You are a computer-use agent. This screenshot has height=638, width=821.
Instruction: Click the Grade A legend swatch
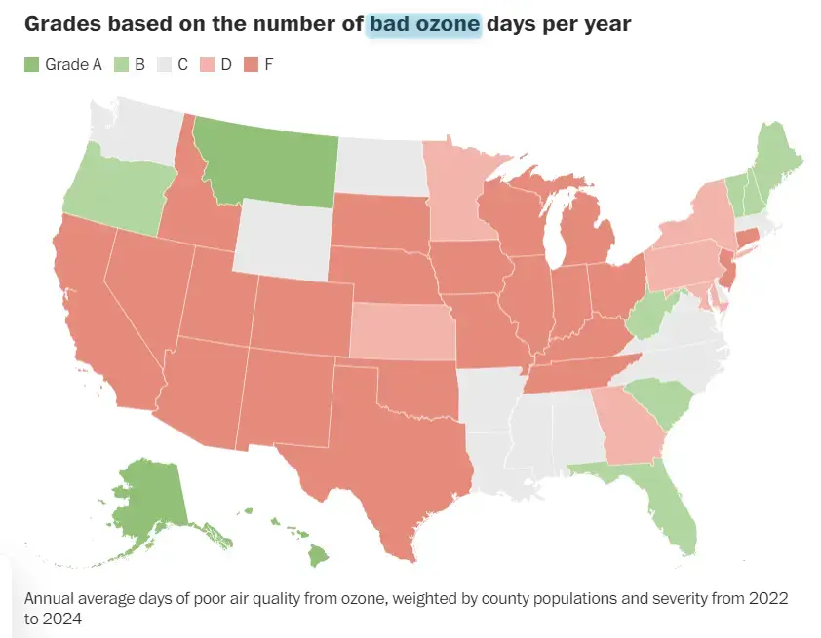[31, 65]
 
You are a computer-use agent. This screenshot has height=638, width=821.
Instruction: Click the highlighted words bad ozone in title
[425, 24]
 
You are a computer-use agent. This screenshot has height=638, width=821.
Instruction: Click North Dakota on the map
[380, 165]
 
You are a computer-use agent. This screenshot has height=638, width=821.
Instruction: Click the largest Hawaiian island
[317, 557]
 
